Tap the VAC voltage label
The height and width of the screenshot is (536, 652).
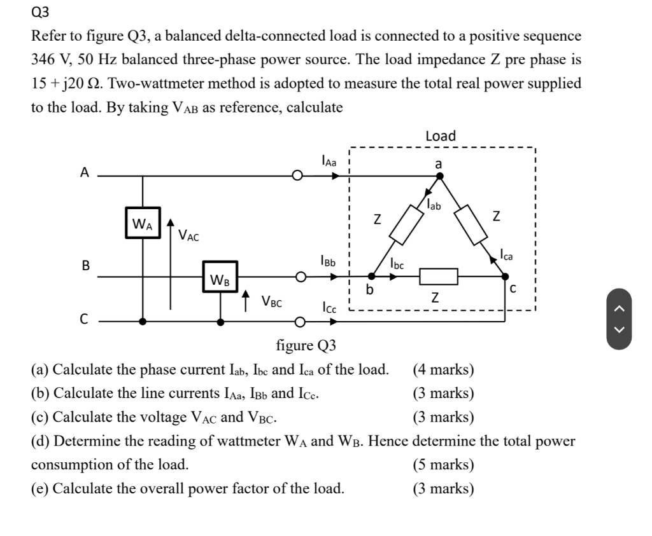(x=188, y=237)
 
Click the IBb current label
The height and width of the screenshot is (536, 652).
(x=329, y=261)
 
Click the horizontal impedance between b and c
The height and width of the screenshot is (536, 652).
(x=439, y=277)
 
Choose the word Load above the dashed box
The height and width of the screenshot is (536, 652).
(x=441, y=136)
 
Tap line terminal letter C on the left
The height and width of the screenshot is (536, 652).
(x=84, y=320)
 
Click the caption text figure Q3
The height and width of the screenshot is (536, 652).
(x=306, y=346)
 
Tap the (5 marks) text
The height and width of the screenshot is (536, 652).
(x=443, y=464)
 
